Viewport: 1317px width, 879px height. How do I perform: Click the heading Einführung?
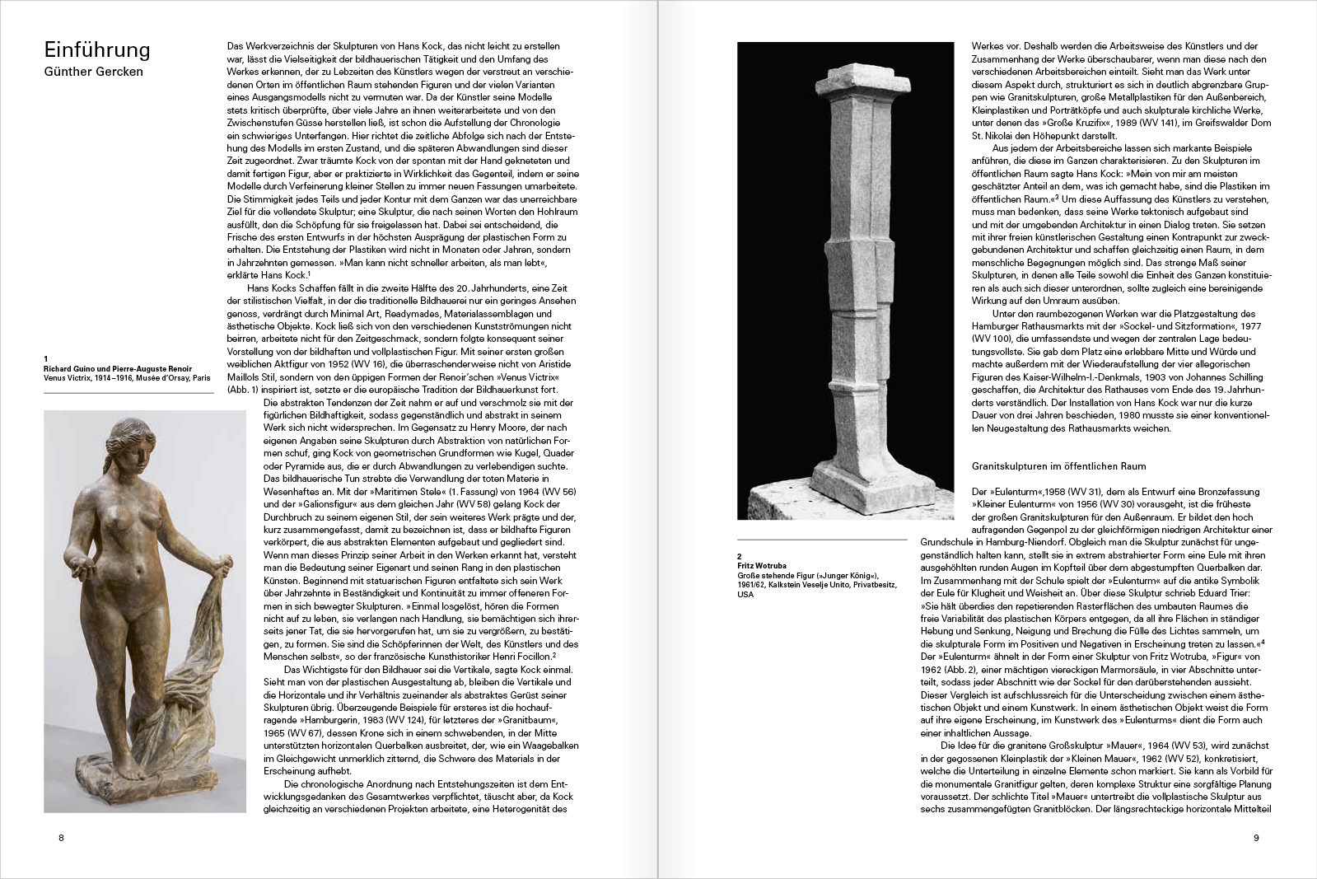(96, 49)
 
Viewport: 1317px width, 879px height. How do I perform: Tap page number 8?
(61, 838)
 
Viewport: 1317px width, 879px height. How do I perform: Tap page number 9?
(1255, 838)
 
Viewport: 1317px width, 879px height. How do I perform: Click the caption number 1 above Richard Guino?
(46, 358)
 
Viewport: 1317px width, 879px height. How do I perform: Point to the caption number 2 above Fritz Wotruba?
(740, 557)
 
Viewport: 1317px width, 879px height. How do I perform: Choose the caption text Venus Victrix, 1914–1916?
(86, 378)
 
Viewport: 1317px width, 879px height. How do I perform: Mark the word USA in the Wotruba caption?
(745, 594)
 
